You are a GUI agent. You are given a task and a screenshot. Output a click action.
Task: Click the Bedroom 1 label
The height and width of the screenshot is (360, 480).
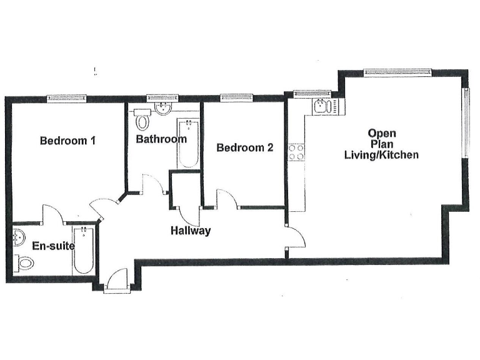67,141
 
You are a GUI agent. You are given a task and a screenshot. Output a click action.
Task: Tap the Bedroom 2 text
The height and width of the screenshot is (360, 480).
244,148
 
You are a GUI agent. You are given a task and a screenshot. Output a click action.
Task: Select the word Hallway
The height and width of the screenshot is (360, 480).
191,231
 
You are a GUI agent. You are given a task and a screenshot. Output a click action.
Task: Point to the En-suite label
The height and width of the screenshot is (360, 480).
53,246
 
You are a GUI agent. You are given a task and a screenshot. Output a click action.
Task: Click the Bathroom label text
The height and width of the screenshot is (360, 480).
161,139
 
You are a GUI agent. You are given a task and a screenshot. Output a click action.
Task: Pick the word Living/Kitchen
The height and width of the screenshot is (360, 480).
382,154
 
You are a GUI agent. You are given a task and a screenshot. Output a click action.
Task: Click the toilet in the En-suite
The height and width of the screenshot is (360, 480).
24,264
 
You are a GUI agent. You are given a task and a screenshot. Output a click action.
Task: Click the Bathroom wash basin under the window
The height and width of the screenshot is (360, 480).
163,109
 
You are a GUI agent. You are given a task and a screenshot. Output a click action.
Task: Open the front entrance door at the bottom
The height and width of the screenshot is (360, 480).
116,279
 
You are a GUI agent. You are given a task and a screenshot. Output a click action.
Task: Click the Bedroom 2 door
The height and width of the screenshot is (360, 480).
226,198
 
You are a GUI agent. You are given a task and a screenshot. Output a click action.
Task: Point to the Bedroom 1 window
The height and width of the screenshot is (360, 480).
67,97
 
